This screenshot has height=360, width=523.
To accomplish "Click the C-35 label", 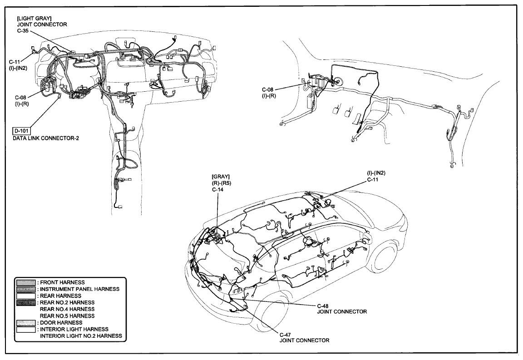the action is tap(23, 31).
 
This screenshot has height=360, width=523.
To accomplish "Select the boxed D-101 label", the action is tap(21, 130).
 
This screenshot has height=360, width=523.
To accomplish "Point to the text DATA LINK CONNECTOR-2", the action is tap(46, 138).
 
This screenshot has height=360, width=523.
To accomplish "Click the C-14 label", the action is tap(217, 189).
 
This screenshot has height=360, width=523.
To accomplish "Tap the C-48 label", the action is tap(323, 306).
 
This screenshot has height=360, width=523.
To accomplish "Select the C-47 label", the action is tap(286, 335).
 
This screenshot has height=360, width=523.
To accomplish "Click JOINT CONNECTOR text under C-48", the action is tap(342, 311).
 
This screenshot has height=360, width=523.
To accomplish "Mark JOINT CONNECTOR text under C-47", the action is tap(305, 340).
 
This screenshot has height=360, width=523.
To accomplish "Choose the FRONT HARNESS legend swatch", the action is tap(26, 282).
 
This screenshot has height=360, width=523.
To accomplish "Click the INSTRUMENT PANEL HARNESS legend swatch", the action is tap(26, 289).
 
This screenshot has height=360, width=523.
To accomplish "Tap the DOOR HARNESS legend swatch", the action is tap(26, 323).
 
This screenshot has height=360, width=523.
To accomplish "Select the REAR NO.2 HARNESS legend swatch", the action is tap(26, 303).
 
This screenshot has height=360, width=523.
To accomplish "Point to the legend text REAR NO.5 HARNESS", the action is tap(67, 316).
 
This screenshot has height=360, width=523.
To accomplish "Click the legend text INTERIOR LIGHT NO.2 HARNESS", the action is tap(81, 336).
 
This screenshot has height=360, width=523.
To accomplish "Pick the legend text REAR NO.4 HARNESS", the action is tap(67, 309).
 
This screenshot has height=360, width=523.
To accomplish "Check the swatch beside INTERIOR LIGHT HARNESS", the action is tap(26, 329).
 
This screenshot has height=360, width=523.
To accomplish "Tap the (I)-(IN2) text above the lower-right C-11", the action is tap(376, 173).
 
